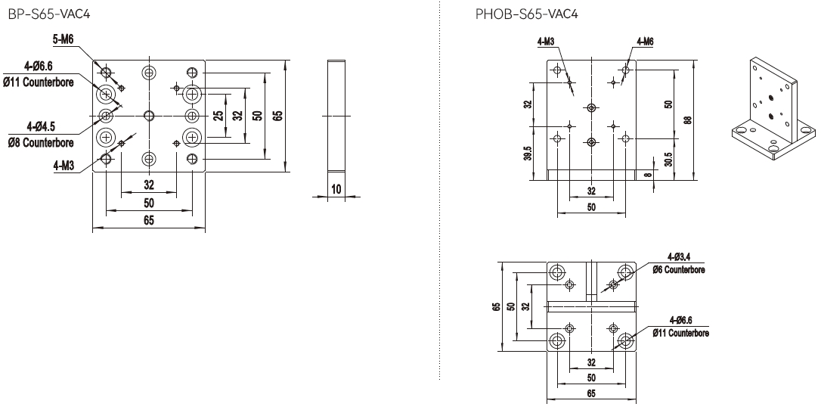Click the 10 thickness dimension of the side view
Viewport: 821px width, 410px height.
(x=336, y=190)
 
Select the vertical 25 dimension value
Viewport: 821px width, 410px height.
(x=218, y=116)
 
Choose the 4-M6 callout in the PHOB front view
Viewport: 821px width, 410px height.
(x=645, y=42)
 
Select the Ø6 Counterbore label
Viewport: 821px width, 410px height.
(x=680, y=269)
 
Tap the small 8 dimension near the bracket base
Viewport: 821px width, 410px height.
(x=647, y=174)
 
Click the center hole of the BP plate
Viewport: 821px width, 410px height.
(x=149, y=116)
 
